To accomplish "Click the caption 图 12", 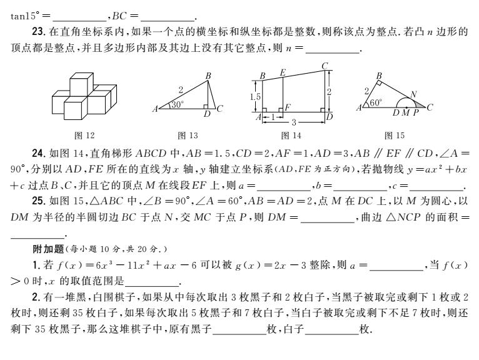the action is [84, 135].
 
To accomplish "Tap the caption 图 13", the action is [188, 135].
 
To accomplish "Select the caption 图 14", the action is [291, 135].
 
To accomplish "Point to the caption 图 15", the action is [395, 135].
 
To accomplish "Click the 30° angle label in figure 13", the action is [177, 105].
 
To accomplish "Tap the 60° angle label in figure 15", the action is [375, 102].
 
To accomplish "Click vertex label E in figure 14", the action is [283, 72].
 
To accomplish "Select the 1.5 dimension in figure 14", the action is [255, 97].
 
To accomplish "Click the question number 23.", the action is [39, 31].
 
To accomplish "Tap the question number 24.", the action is [39, 153].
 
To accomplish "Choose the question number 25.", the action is [39, 201].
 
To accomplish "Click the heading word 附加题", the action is [48, 249].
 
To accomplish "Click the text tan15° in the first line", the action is [25, 16].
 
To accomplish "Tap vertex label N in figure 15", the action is [413, 94].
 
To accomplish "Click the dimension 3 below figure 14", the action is [294, 122].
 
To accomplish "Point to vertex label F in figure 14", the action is [288, 107].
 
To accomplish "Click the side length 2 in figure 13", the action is [181, 90].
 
